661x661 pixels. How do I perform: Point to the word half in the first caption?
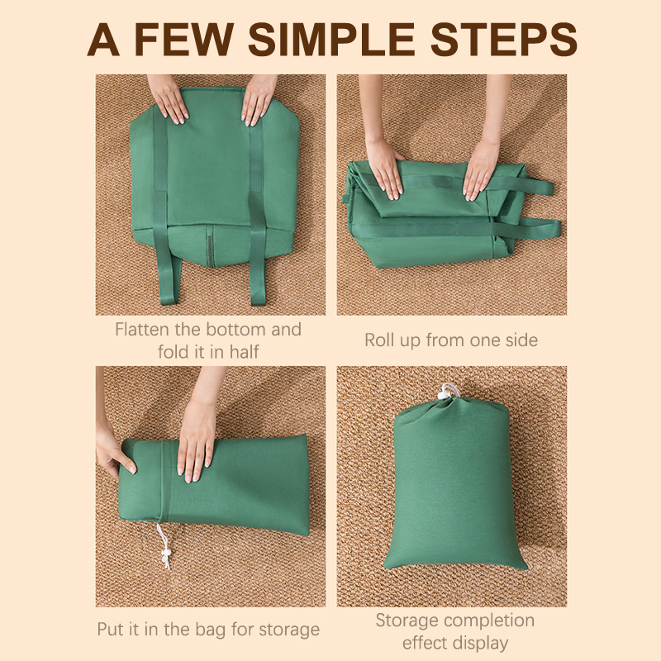point(244,352)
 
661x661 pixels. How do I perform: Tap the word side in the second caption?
point(521,340)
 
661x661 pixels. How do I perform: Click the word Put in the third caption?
point(111,629)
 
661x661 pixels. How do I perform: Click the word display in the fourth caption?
point(483,644)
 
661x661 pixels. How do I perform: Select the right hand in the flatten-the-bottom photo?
point(259,100)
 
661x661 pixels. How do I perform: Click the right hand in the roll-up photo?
point(482,169)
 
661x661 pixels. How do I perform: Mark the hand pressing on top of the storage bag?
point(197,443)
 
